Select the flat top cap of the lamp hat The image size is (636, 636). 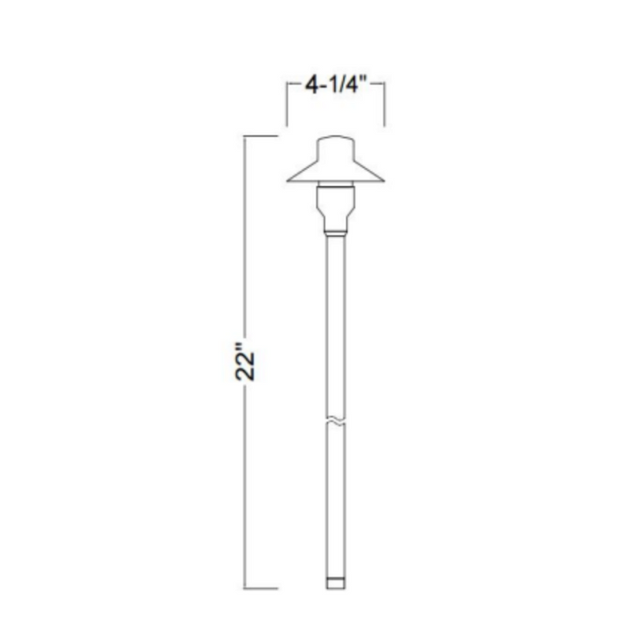coord(336,145)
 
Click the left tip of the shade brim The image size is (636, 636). coord(287,180)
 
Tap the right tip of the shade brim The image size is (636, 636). coord(385,180)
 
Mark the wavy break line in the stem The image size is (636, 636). coord(336,422)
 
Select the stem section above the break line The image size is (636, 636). coord(336,327)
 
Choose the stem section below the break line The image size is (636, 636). coord(336,500)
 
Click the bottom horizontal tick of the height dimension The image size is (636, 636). coord(260,585)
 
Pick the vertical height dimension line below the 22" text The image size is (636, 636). coord(250,491)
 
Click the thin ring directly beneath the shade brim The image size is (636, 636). coord(336,185)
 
